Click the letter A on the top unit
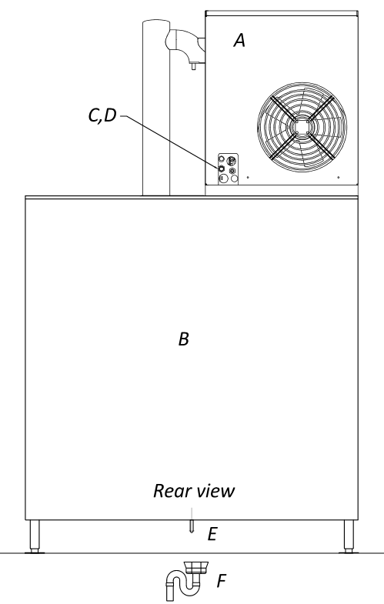click(x=239, y=40)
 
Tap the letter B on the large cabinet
click(x=184, y=339)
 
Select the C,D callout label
click(x=102, y=115)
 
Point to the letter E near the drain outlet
click(x=212, y=534)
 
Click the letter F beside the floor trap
click(x=221, y=581)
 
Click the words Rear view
click(x=194, y=491)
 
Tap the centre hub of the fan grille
click(x=302, y=126)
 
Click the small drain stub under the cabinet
click(x=192, y=526)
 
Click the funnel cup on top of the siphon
click(x=196, y=567)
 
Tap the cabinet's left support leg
click(x=35, y=536)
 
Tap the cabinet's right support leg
click(x=349, y=536)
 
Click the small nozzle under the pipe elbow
click(x=193, y=66)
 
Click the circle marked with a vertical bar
click(x=223, y=179)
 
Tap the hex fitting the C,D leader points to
click(x=222, y=169)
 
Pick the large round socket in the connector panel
click(x=232, y=160)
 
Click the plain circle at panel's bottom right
click(x=234, y=179)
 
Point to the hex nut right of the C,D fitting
click(x=232, y=171)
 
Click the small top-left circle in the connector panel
click(x=222, y=159)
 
